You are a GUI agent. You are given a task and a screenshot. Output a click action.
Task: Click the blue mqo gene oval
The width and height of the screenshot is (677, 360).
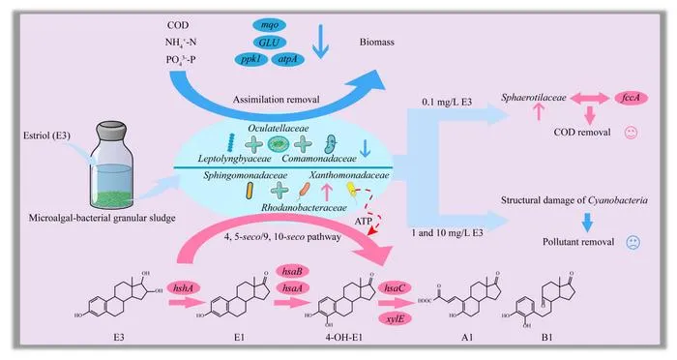pyautogui.click(x=270, y=25)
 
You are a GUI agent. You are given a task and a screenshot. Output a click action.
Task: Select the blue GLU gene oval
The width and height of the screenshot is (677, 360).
pyautogui.click(x=270, y=43)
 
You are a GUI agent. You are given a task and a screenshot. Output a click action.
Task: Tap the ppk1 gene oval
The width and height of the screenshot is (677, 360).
pyautogui.click(x=251, y=59)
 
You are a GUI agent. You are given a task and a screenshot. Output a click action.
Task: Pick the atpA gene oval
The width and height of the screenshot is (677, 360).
pyautogui.click(x=288, y=59)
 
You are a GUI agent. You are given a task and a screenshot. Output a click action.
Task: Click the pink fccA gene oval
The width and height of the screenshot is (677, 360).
pyautogui.click(x=631, y=98)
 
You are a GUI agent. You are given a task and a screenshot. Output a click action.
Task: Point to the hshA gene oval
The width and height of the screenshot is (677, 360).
pyautogui.click(x=183, y=287)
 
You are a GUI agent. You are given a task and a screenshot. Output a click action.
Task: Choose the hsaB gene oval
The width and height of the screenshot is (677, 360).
pyautogui.click(x=292, y=271)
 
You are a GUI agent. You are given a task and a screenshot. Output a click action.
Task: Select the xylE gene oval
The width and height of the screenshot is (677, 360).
pyautogui.click(x=395, y=319)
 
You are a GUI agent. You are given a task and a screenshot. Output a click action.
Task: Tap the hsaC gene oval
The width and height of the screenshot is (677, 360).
pyautogui.click(x=395, y=287)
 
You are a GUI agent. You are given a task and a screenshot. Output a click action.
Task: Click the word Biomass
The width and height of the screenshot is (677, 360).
pyautogui.click(x=377, y=42)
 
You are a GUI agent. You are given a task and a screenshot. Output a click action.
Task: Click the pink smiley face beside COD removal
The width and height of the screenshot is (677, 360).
pyautogui.click(x=632, y=133)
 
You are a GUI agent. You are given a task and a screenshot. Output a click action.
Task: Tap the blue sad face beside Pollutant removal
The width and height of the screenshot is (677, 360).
pyautogui.click(x=633, y=242)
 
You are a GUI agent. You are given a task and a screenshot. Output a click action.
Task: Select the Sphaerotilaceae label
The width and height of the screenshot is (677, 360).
pyautogui.click(x=533, y=98)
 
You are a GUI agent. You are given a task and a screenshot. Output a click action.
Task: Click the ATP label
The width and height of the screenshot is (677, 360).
pyautogui.click(x=363, y=222)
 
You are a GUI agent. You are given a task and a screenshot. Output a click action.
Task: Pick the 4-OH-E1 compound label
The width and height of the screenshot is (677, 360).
pyautogui.click(x=343, y=337)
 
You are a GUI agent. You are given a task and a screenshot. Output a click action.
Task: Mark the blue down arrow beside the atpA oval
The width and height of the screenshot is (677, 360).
pyautogui.click(x=320, y=42)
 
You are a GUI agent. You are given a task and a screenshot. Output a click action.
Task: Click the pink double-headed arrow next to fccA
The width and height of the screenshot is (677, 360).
pyautogui.click(x=589, y=99)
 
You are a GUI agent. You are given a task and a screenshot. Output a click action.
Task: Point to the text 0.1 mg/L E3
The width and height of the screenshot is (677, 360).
pyautogui.click(x=447, y=102)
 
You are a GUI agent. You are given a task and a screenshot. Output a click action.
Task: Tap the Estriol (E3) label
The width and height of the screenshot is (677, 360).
pyautogui.click(x=46, y=135)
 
